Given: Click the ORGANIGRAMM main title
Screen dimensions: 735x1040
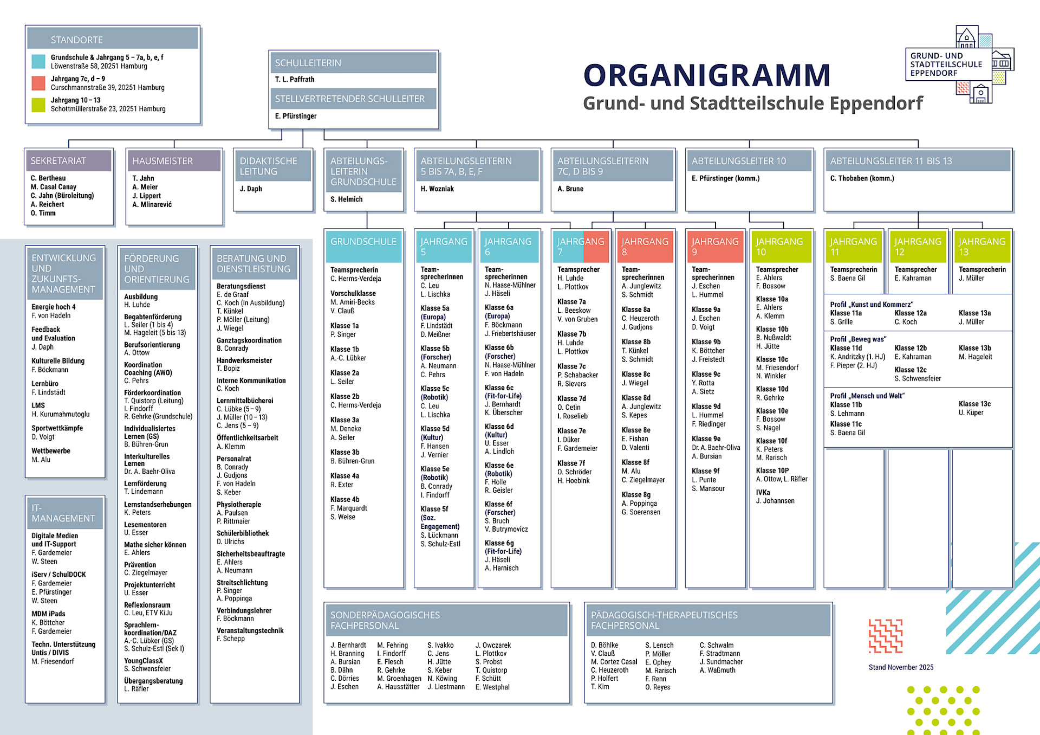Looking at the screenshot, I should tap(706, 75).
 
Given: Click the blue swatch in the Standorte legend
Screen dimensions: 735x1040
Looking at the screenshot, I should tap(38, 61).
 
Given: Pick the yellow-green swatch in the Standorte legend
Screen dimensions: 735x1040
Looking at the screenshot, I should tap(38, 105).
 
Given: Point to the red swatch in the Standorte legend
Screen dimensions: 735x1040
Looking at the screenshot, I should tap(38, 83).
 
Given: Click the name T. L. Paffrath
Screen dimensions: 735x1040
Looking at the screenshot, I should tap(295, 79).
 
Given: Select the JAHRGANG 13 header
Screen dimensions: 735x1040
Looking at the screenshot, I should tap(981, 246).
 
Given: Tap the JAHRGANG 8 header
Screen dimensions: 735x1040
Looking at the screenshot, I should tap(645, 246).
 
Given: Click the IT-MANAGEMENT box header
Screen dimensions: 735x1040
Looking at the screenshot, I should tap(63, 513).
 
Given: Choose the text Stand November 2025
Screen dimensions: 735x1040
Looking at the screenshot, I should tap(901, 667).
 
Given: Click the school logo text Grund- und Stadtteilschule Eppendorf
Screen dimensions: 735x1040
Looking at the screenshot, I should tap(946, 65).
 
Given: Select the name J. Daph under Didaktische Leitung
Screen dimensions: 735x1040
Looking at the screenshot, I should tap(251, 189).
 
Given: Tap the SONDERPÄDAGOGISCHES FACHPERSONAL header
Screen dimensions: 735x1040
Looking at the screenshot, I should tap(385, 620).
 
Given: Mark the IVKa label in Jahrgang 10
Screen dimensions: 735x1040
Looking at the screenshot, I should tap(763, 493).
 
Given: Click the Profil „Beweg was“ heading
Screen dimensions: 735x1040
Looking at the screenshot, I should tap(858, 339).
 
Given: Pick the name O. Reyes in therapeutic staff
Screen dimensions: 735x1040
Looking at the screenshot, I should tap(658, 687).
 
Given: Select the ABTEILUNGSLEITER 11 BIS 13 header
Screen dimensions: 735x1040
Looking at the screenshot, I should tap(891, 161).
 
